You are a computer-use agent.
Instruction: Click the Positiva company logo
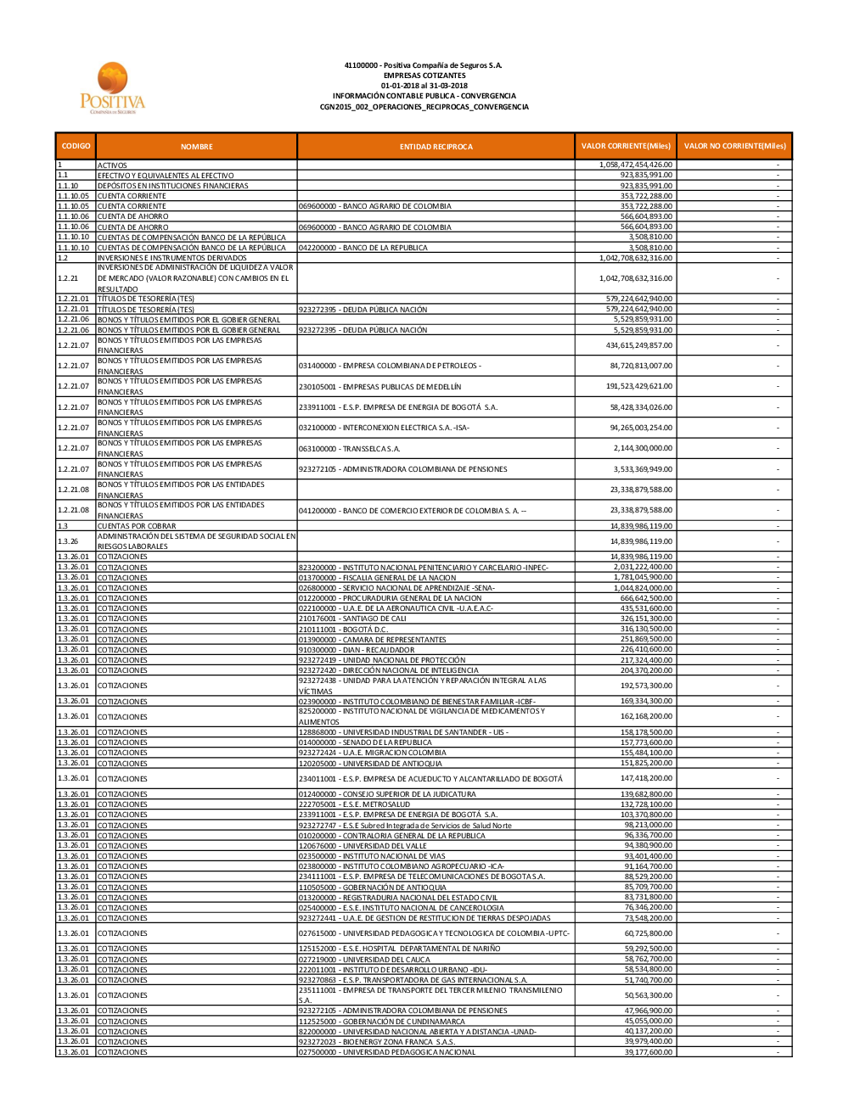point(113,88)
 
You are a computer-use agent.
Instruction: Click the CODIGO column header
point(76,146)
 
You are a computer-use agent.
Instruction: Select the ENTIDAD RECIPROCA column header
point(436,147)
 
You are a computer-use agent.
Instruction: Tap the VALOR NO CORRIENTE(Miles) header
point(734,146)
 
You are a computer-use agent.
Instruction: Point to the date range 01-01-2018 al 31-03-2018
point(424,86)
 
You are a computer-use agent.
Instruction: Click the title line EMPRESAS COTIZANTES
point(424,76)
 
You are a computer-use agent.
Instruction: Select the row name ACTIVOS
point(112,165)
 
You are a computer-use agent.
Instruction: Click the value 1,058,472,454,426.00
point(635,165)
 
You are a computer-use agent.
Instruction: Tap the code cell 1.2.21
point(68,278)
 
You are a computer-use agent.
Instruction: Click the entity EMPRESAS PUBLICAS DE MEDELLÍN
point(380,387)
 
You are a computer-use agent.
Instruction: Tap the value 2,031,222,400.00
point(643,567)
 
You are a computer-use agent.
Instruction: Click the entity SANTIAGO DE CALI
point(352,619)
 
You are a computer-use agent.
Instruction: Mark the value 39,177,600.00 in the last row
point(648,1052)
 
